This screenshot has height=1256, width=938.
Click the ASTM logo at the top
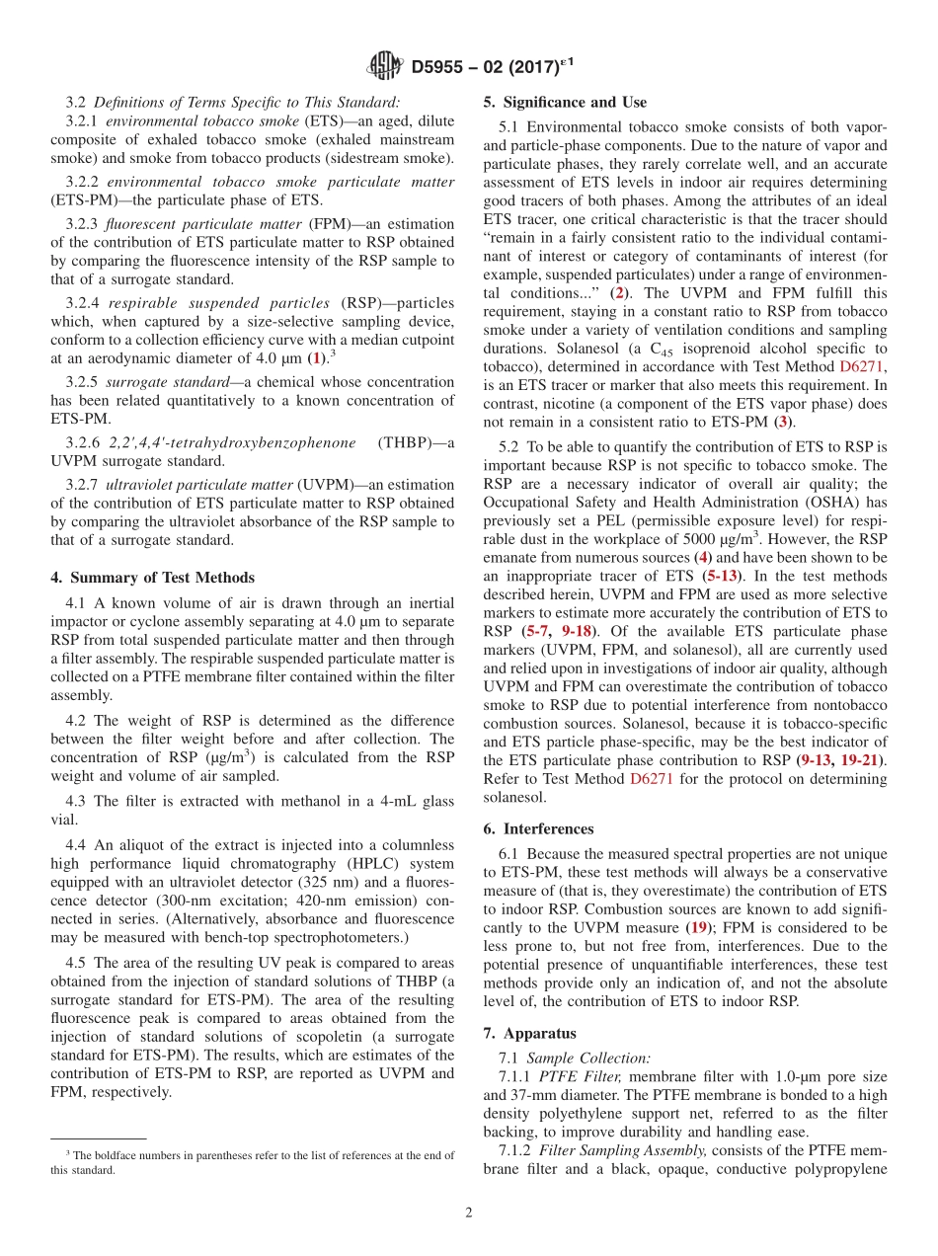tap(384, 66)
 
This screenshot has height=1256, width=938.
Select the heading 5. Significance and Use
tap(565, 102)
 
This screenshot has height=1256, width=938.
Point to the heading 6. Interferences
tap(538, 828)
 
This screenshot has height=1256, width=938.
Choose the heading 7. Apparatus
tap(529, 1033)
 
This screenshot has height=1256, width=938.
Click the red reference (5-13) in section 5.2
tap(720, 575)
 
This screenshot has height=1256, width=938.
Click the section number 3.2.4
tap(84, 303)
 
